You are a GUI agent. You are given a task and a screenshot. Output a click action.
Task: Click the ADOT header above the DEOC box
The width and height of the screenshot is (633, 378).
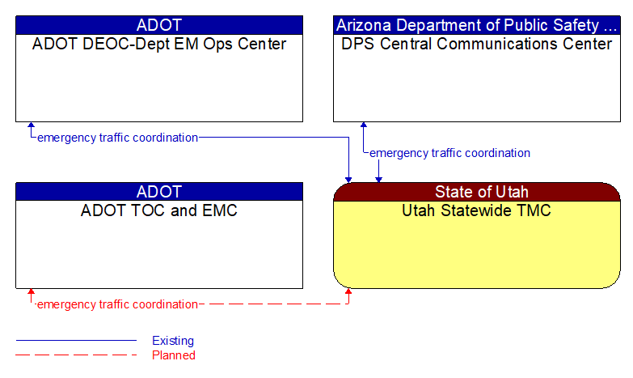[x=159, y=24]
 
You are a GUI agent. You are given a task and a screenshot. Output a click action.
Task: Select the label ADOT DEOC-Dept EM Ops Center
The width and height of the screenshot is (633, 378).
[x=159, y=45]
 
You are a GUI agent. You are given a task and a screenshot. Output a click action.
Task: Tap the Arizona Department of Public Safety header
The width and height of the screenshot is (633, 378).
[x=477, y=24]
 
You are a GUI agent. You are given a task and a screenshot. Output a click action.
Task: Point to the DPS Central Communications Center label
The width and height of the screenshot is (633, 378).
[x=477, y=45]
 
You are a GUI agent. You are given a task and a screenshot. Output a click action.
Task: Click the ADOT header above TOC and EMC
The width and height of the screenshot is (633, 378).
[x=159, y=192]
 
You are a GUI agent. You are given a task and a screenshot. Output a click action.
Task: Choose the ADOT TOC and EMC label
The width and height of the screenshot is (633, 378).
[x=159, y=211]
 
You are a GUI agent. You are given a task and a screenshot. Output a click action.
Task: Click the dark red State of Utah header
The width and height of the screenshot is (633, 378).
[x=477, y=192]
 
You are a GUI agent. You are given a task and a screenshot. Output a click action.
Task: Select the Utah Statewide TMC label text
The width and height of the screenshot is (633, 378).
[x=477, y=211]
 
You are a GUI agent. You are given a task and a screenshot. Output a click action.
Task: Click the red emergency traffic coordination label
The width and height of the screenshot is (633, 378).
[x=117, y=304]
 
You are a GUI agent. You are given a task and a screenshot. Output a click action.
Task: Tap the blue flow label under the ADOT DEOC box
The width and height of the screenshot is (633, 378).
[x=117, y=138]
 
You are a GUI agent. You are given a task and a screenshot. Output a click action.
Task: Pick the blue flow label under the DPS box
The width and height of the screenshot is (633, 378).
[x=449, y=153]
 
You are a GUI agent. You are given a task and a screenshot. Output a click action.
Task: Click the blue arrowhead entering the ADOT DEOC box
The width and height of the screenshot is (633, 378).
[x=31, y=126]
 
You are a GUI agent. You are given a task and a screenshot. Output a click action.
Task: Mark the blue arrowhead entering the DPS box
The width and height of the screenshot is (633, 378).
[x=363, y=126]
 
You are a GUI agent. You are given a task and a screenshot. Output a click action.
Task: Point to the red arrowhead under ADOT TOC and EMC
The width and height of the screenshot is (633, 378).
[x=31, y=293]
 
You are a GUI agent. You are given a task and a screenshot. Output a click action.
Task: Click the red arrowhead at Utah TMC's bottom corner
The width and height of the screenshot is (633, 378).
[x=348, y=292]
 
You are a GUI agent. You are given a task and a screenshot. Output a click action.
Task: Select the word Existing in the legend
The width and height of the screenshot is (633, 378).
[x=173, y=341]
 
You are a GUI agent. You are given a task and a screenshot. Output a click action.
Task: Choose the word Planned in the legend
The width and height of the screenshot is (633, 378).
[x=174, y=355]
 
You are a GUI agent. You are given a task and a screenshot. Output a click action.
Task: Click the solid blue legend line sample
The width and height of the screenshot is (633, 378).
[x=76, y=341]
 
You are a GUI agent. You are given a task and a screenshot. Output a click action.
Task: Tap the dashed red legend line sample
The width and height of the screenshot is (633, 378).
[x=76, y=355]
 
